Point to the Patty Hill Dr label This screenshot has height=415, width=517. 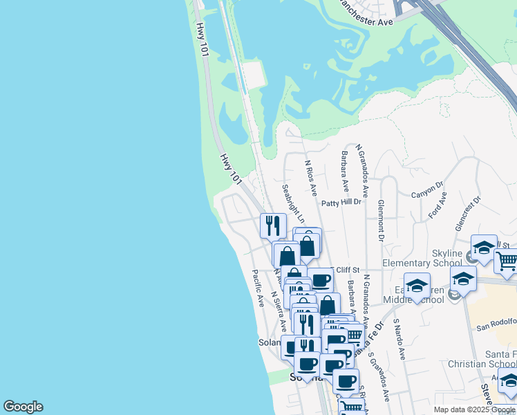point(341,203)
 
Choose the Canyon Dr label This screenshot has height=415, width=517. point(427,189)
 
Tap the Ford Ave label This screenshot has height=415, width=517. point(438,205)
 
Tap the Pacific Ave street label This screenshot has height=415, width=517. point(258,288)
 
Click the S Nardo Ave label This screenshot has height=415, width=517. point(399,339)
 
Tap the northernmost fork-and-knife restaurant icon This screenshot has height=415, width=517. point(273,225)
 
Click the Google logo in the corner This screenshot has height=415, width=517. point(23,407)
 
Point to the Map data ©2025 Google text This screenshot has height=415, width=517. point(474,409)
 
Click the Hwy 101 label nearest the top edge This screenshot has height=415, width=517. point(203,38)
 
